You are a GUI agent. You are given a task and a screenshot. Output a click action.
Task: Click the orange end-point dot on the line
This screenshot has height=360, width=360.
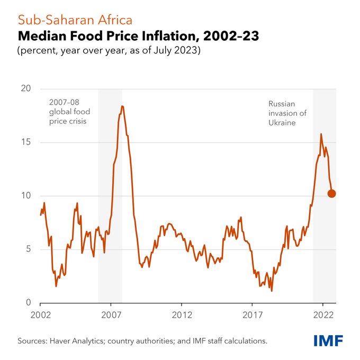point(332,193)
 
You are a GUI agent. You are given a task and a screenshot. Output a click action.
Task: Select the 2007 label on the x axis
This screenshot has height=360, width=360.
point(111,315)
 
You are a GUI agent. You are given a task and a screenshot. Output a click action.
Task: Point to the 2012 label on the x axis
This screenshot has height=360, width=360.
point(181,315)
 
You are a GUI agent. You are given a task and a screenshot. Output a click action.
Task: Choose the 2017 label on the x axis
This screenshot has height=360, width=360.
point(252,315)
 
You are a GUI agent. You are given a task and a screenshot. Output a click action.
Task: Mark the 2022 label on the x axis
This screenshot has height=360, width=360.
point(322,315)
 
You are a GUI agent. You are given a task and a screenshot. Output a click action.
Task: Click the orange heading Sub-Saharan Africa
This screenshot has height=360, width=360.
point(75,20)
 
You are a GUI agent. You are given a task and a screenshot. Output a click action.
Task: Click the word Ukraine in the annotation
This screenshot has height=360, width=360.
point(282,122)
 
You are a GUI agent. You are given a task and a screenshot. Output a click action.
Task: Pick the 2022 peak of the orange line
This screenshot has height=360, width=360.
point(321,134)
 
